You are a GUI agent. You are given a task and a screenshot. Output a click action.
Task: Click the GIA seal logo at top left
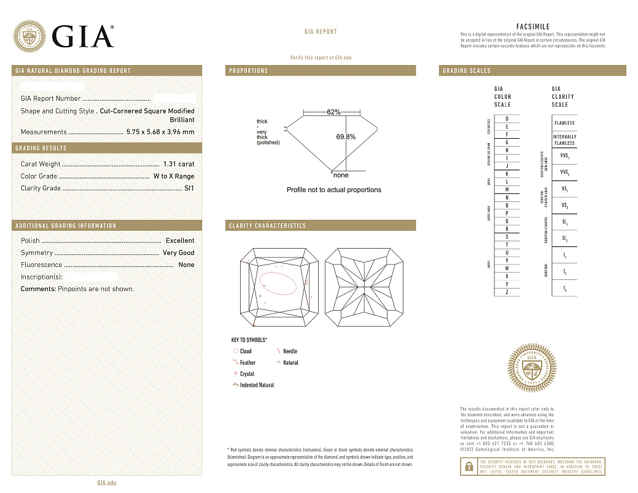coord(29,36)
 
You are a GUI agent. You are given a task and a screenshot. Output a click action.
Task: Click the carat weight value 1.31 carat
coord(179,164)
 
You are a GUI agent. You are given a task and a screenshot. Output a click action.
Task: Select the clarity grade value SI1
coord(189,188)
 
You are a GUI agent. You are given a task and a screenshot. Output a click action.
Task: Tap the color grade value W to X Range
coord(174,176)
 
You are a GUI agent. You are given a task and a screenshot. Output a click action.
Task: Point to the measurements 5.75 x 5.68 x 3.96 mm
coord(160,132)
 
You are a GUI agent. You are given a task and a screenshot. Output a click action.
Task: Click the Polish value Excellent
coord(180,241)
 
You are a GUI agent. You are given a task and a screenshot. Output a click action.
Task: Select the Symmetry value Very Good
coord(178,253)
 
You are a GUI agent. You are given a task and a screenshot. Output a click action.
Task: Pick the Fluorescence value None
coord(186,265)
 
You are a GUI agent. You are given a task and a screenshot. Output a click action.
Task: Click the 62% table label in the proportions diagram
coord(333,112)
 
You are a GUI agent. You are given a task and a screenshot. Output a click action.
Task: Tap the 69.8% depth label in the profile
coord(346,137)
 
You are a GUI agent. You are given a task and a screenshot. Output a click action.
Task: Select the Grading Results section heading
coord(41,149)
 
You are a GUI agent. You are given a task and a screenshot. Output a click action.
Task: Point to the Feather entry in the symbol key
coord(247,363)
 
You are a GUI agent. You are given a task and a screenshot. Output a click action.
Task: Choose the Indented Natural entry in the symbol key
coord(257,386)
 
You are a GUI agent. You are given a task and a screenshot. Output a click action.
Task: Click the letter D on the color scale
coord(507,118)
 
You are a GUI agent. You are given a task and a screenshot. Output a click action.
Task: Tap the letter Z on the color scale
coord(507,292)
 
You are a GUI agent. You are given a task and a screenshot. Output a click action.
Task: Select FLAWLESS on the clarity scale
coord(564,123)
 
